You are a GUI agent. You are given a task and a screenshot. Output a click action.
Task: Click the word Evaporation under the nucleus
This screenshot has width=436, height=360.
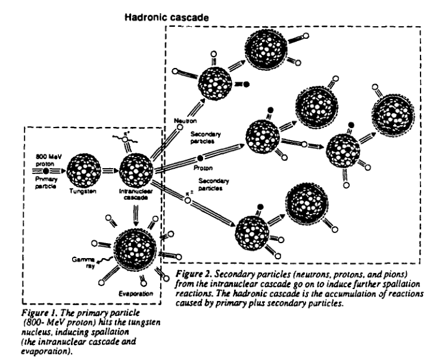(x=135, y=294)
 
